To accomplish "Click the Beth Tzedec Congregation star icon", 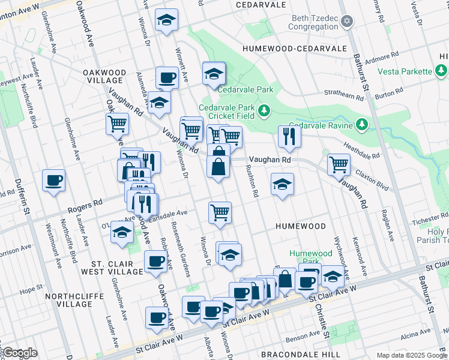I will pos(346,22).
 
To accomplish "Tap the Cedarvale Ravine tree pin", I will pos(361,124).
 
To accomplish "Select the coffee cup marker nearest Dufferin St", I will pos(53,180).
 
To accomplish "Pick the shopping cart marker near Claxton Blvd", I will pos(339,163).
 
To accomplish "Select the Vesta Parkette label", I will pos(404,71).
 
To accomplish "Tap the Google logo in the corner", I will pos(20,353).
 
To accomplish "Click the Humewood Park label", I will pos(310,257).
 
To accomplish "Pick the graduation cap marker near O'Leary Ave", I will pos(122,233).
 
